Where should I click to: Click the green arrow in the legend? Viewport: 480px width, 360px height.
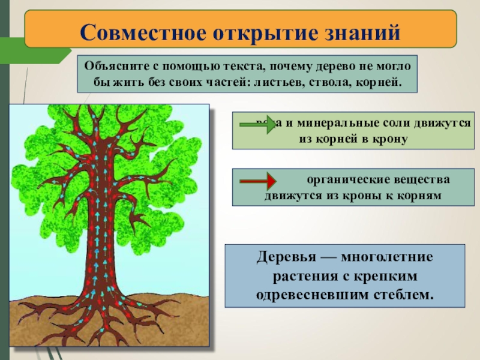[x=257, y=124]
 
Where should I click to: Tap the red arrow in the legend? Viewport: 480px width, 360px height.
[x=257, y=181]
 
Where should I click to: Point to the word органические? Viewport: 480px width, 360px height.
[x=341, y=180]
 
